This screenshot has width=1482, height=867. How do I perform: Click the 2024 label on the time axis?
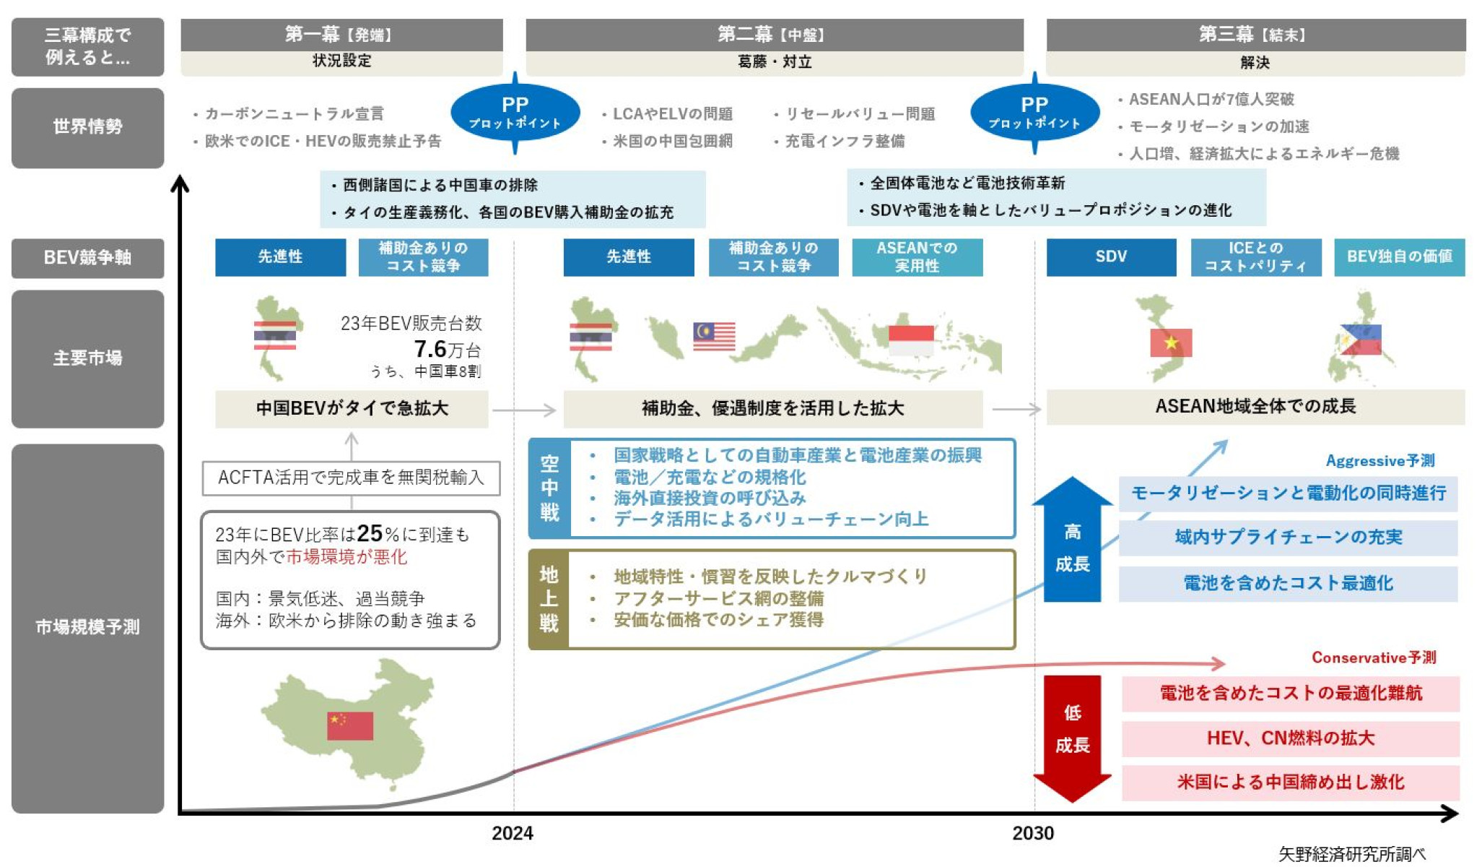pyautogui.click(x=512, y=833)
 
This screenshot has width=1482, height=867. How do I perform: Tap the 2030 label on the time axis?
pyautogui.click(x=1032, y=833)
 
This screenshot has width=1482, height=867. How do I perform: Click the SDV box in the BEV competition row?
pyautogui.click(x=1110, y=256)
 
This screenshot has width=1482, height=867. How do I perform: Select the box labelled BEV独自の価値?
pyautogui.click(x=1399, y=256)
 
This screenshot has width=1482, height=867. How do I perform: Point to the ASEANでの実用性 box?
pyautogui.click(x=917, y=256)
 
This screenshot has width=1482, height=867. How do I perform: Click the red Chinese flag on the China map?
pyautogui.click(x=349, y=725)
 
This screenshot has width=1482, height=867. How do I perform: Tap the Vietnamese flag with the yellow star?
pyautogui.click(x=1170, y=342)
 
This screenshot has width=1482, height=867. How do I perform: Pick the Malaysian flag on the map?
pyautogui.click(x=713, y=336)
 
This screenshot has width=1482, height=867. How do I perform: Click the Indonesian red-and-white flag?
pyautogui.click(x=910, y=340)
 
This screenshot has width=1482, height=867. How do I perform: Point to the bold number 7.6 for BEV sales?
pyautogui.click(x=430, y=350)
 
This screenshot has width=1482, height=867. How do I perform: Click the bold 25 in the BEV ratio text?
pyautogui.click(x=370, y=533)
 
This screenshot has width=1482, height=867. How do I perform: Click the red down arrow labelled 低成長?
pyautogui.click(x=1072, y=737)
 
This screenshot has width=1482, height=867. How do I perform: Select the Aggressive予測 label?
pyautogui.click(x=1379, y=461)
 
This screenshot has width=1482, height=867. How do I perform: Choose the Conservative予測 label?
pyautogui.click(x=1373, y=657)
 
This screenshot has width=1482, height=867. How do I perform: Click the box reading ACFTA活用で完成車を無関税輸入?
pyautogui.click(x=351, y=478)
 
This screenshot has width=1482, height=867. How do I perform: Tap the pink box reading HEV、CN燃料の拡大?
pyautogui.click(x=1290, y=738)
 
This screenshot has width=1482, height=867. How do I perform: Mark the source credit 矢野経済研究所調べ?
pyautogui.click(x=1351, y=854)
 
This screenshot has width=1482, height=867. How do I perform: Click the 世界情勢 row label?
pyautogui.click(x=87, y=127)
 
